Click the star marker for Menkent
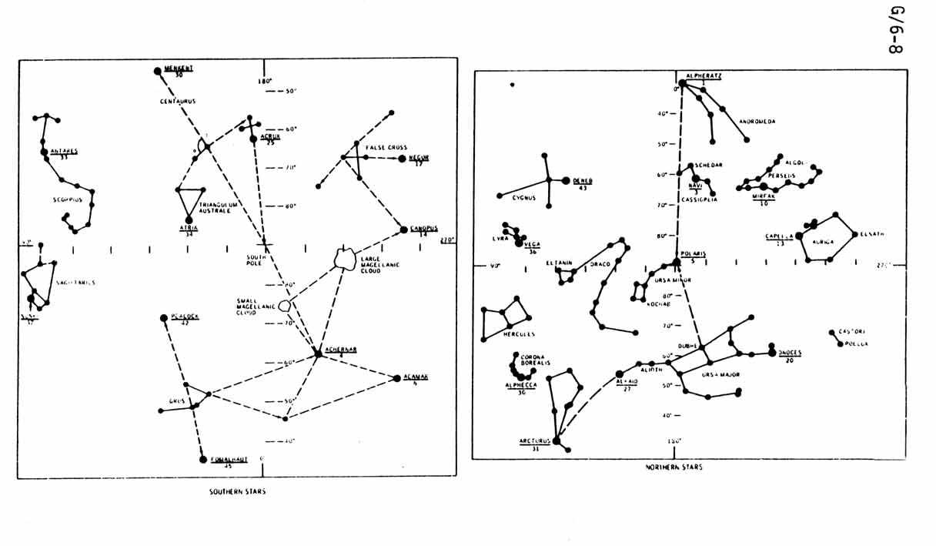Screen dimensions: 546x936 click(159, 71)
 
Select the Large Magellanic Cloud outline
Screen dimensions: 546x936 click(346, 258)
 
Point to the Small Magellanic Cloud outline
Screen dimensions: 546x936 click(284, 306)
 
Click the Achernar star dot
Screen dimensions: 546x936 click(318, 353)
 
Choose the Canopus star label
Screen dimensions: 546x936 click(423, 228)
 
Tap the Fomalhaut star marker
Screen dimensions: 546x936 click(204, 460)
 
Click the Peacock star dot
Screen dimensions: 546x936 click(163, 318)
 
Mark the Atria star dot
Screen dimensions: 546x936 click(189, 219)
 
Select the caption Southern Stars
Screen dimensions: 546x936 click(237, 491)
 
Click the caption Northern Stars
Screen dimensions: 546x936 click(674, 467)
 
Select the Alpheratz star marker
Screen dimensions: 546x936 click(682, 83)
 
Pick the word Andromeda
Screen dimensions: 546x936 click(757, 122)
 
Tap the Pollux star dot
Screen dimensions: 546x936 click(840, 343)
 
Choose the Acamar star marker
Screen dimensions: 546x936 click(397, 378)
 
